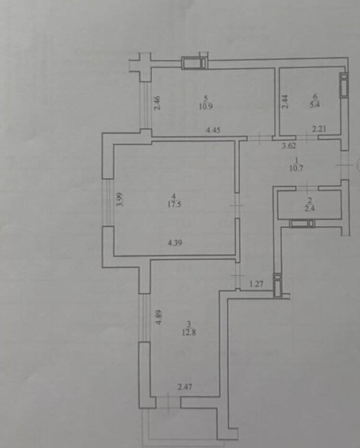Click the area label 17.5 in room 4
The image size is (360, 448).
click(175, 204)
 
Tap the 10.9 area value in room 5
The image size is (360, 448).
click(206, 107)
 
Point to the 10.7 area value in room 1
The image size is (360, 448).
click(296, 168)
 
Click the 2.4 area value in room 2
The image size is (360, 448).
click(310, 208)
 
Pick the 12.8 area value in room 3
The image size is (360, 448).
click(189, 332)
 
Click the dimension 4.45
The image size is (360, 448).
click(213, 130)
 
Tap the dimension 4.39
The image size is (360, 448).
click(175, 243)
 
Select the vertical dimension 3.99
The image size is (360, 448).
click(120, 200)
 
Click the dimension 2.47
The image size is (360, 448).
click(185, 387)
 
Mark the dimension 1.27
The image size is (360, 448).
click(256, 284)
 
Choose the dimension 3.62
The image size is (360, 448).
click(289, 145)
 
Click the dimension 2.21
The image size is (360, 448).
click(319, 129)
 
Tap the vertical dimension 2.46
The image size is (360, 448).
click(157, 103)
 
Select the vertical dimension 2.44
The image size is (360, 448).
click(285, 102)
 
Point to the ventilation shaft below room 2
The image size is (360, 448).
click(302, 223)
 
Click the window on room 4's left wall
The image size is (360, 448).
click(108, 203)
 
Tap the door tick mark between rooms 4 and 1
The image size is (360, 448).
click(237, 205)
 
